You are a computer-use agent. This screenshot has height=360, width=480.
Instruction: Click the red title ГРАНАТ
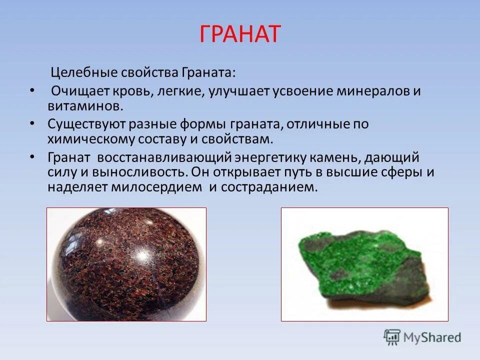240,34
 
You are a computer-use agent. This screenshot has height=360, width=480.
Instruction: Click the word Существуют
87,124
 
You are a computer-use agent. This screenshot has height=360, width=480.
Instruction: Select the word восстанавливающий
163,157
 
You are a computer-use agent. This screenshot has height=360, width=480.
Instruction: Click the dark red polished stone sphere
126,264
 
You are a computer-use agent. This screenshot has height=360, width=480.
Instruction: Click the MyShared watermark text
433,337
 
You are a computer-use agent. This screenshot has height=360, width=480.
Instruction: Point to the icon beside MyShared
392,337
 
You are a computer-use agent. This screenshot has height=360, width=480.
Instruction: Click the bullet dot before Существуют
32,123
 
